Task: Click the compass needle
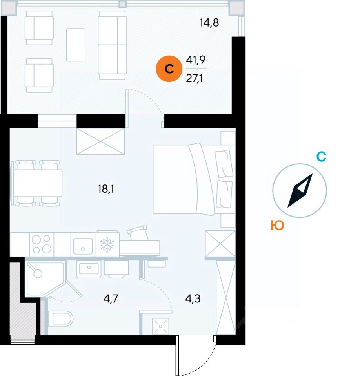[300, 190]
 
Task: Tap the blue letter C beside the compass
[321, 157]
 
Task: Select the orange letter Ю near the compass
[277, 226]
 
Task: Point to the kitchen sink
[83, 244]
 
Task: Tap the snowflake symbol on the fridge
[107, 244]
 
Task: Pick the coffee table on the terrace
[76, 45]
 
